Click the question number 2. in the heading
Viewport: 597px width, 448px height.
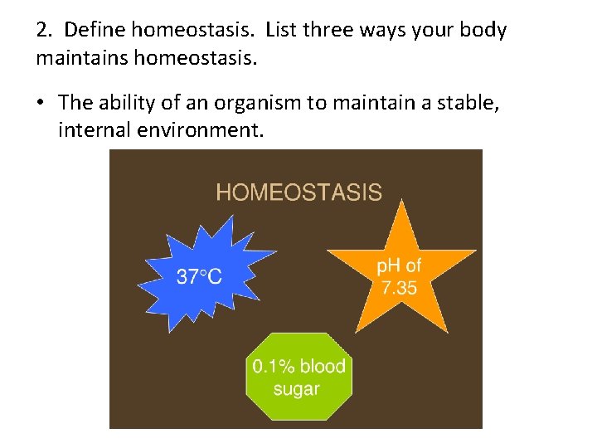(x=46, y=32)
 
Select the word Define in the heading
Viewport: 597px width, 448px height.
(x=95, y=32)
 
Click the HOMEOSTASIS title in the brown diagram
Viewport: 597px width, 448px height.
(x=298, y=192)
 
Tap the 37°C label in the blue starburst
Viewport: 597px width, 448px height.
(x=199, y=277)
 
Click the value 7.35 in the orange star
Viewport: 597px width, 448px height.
(x=399, y=289)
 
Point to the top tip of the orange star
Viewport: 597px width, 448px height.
(x=402, y=201)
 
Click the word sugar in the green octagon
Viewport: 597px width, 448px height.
(x=296, y=389)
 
